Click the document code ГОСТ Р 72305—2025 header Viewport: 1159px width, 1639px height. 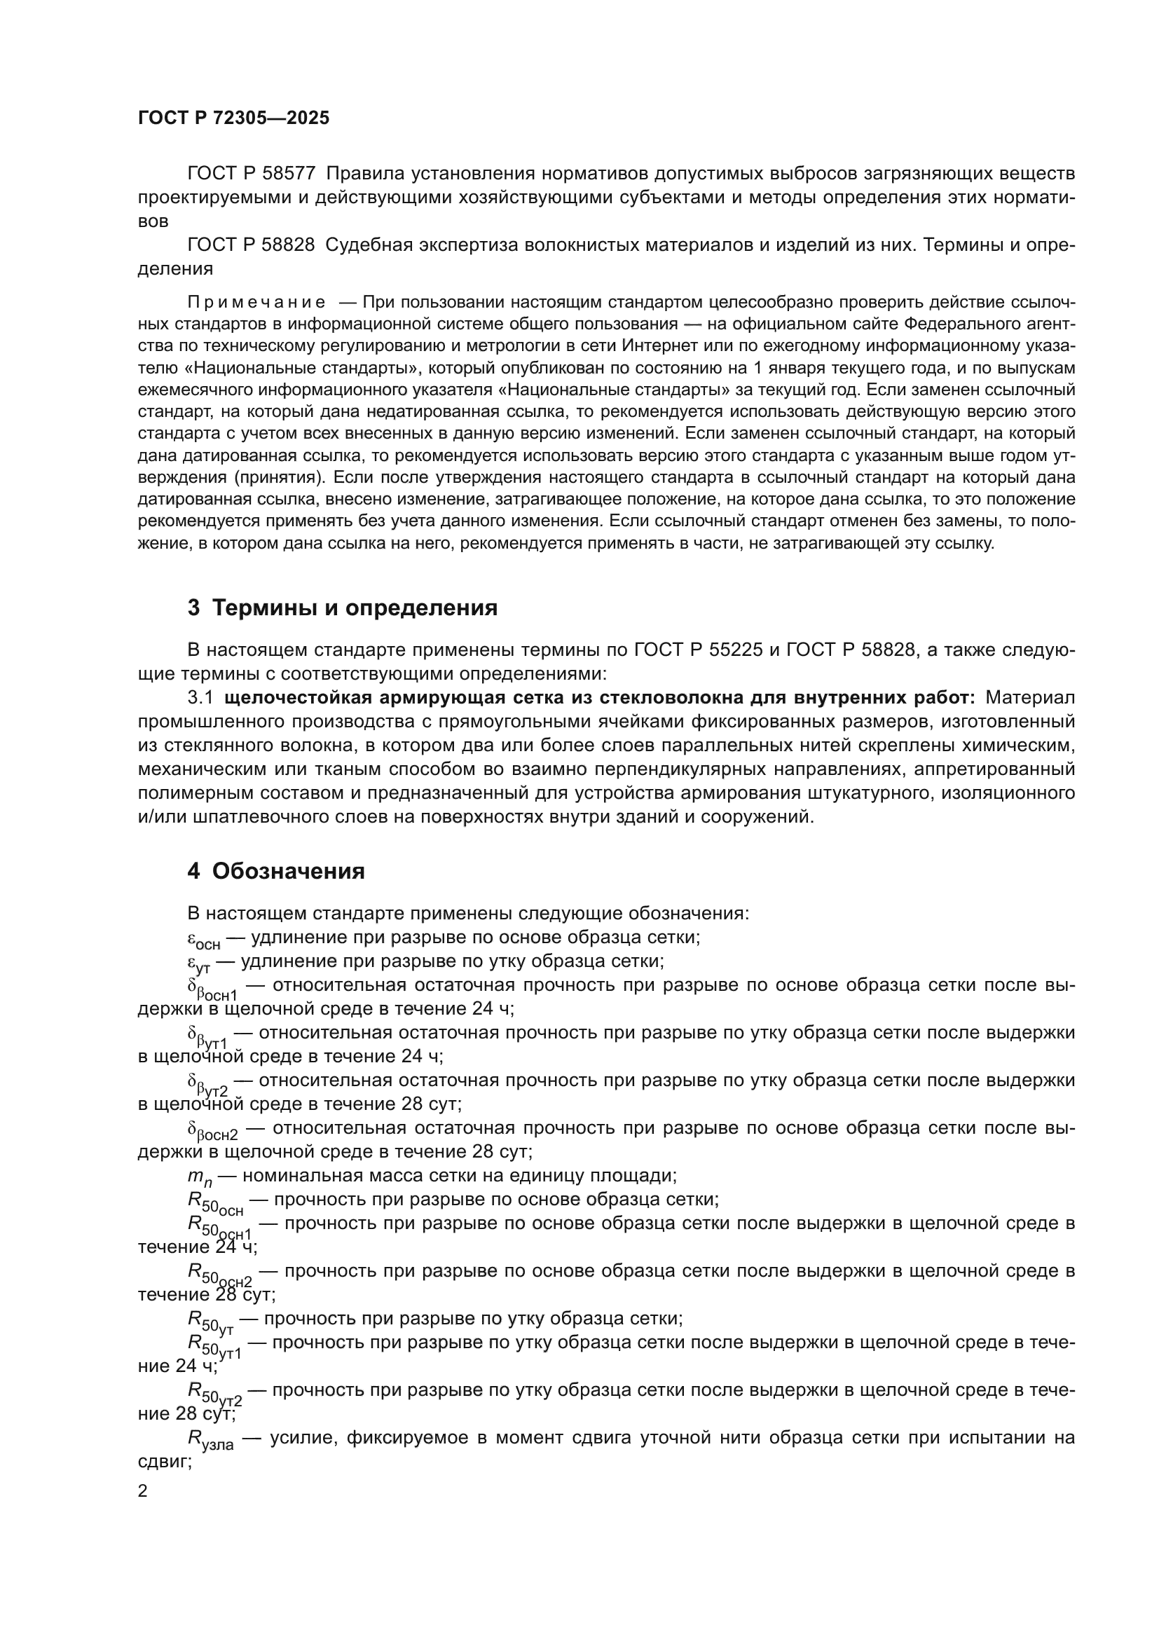tap(233, 118)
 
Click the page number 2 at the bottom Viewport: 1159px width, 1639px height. tap(143, 1491)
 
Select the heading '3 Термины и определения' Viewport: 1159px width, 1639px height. tap(343, 608)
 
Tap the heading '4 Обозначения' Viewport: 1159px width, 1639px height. tap(276, 872)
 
